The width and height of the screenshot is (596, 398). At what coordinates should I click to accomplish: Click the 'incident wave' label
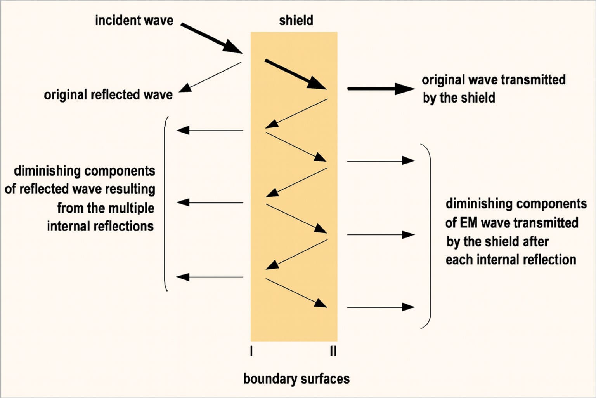(x=134, y=20)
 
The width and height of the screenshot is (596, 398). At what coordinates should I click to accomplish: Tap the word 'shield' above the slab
(x=296, y=20)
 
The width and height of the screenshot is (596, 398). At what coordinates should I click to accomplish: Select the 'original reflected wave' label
(x=108, y=95)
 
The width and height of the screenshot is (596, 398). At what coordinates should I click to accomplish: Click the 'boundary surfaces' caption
(x=296, y=379)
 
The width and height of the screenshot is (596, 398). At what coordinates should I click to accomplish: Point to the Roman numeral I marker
(x=251, y=351)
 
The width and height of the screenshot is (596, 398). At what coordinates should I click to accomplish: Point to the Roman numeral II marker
(x=333, y=351)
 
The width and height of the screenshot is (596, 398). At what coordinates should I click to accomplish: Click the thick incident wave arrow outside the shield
(x=211, y=38)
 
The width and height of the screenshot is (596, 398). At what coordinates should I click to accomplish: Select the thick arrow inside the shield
(x=296, y=75)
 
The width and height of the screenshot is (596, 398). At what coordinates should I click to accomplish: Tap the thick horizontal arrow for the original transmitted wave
(x=380, y=89)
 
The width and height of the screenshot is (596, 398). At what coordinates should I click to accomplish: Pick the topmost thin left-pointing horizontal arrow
(x=210, y=131)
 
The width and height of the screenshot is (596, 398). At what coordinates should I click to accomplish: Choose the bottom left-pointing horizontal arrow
(x=210, y=277)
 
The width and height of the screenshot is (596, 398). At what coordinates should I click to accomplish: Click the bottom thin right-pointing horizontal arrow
(x=381, y=307)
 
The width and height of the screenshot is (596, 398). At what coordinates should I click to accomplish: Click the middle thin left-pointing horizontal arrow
(x=210, y=202)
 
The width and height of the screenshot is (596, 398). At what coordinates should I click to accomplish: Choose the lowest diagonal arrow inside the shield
(x=296, y=293)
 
